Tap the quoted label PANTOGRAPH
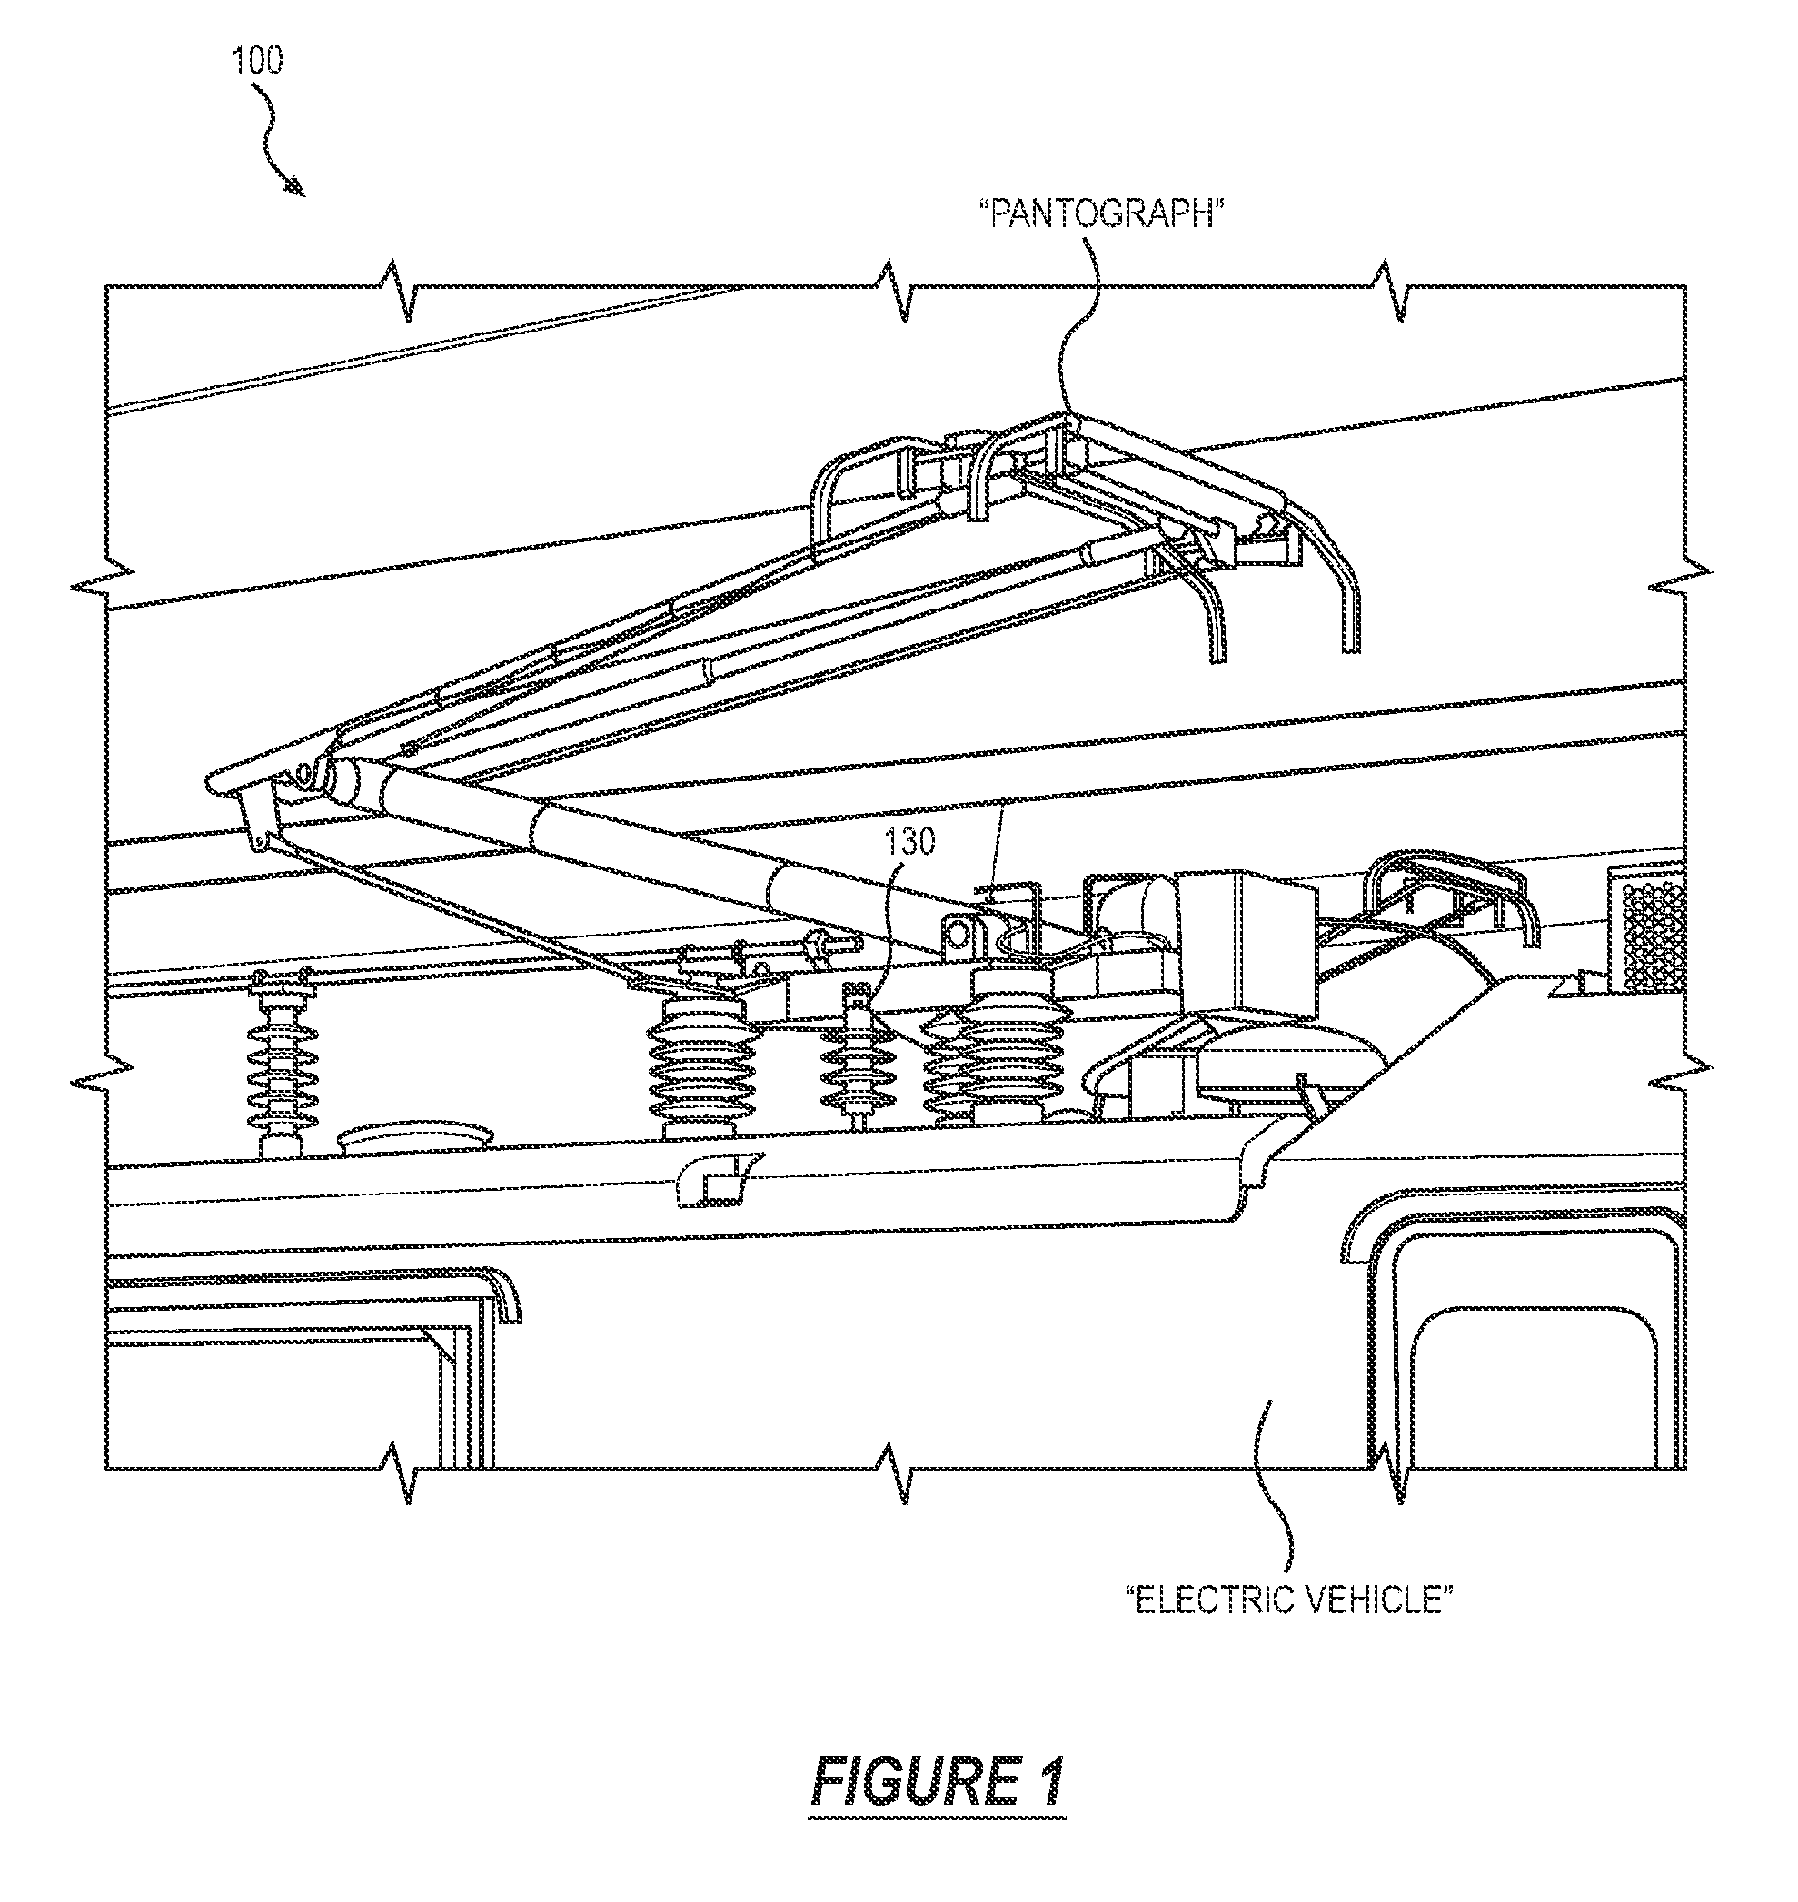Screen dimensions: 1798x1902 [x=1102, y=213]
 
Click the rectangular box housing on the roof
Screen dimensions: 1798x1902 [x=1247, y=939]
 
